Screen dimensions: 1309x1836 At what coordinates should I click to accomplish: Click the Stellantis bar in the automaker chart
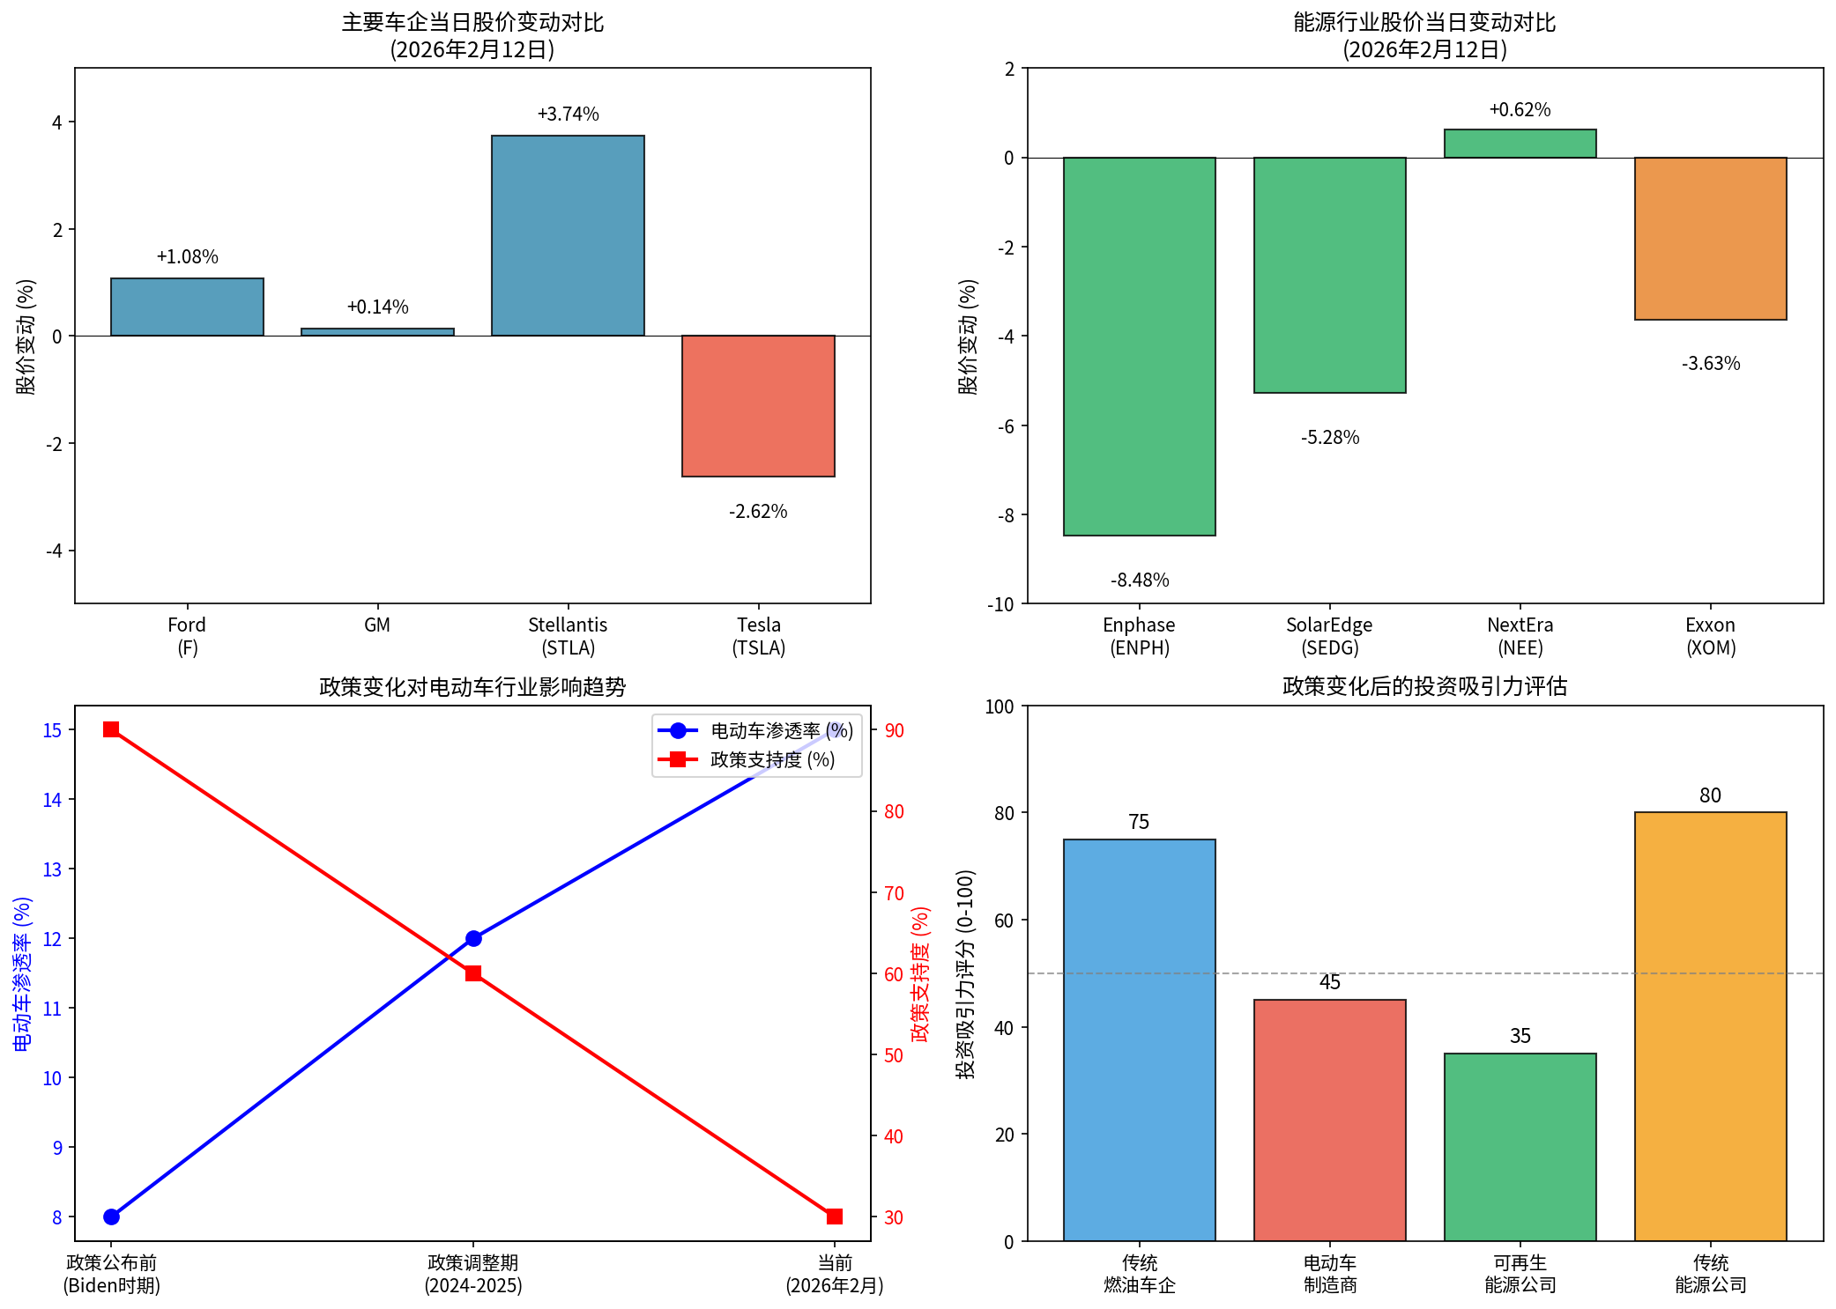568,235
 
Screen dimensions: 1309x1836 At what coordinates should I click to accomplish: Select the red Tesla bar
758,405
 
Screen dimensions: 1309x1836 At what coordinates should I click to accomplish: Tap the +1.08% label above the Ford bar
187,257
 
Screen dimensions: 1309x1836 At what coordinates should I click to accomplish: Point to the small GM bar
377,332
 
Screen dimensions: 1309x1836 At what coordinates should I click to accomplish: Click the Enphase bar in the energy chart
1139,346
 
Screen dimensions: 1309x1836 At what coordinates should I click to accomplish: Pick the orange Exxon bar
1710,238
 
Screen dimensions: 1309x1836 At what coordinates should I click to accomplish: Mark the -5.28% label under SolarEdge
1330,438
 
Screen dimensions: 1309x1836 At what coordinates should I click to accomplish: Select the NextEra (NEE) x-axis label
1520,636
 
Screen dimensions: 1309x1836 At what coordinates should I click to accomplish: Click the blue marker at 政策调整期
473,938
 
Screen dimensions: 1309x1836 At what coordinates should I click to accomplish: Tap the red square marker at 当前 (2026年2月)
835,1217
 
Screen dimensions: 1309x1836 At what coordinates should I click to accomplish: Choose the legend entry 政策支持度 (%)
772,759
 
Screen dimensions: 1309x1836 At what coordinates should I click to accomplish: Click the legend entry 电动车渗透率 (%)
781,731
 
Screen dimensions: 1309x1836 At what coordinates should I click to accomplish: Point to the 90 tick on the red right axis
894,730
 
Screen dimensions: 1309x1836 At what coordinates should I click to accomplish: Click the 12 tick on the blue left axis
52,939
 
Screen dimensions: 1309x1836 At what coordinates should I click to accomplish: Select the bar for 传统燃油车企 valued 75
1139,1039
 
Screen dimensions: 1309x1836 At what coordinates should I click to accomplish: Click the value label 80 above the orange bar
1710,795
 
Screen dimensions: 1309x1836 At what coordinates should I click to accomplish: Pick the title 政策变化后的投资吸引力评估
1424,687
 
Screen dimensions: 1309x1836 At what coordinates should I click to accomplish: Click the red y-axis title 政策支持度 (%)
920,973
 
